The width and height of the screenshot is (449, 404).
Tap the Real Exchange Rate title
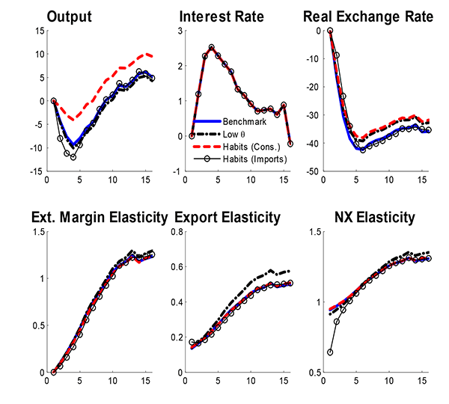click(369, 16)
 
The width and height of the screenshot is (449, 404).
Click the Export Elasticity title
click(227, 218)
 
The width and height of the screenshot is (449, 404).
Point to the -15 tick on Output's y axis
click(36, 171)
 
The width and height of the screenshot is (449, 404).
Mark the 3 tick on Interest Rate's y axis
click(179, 31)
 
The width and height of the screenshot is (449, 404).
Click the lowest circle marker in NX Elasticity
click(330, 352)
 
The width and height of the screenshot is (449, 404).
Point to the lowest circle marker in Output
click(73, 157)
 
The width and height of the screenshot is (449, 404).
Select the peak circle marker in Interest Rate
click(211, 47)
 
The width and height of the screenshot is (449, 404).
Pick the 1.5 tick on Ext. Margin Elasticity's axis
click(36, 232)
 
